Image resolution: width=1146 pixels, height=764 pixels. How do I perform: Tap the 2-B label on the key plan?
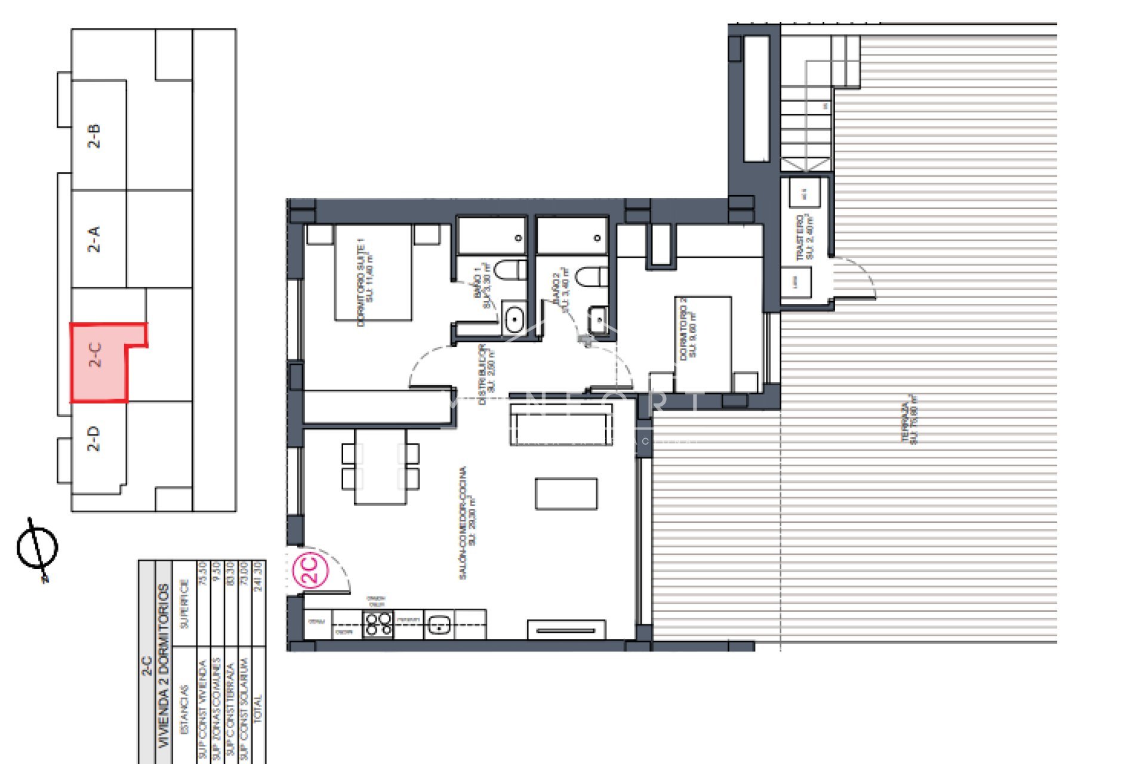[x=94, y=136]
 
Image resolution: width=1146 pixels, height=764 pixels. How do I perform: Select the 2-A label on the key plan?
[x=94, y=239]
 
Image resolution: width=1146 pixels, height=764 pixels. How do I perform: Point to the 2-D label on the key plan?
[x=94, y=439]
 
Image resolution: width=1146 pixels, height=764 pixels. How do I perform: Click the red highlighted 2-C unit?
[x=98, y=364]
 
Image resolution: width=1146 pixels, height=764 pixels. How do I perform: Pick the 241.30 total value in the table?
[x=258, y=576]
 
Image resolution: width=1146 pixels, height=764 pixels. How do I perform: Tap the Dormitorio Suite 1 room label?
[x=365, y=282]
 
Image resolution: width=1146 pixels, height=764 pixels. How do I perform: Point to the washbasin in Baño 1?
[x=514, y=319]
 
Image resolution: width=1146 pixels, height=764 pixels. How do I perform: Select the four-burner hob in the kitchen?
[x=378, y=624]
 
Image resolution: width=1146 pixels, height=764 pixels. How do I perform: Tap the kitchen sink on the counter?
[x=439, y=625]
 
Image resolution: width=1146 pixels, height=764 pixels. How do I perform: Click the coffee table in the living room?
[x=566, y=494]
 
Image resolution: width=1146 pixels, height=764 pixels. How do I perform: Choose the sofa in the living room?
[x=561, y=424]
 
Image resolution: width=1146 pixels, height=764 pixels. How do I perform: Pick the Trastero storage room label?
[x=805, y=237]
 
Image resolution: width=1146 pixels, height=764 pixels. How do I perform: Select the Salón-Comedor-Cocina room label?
[x=467, y=522]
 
